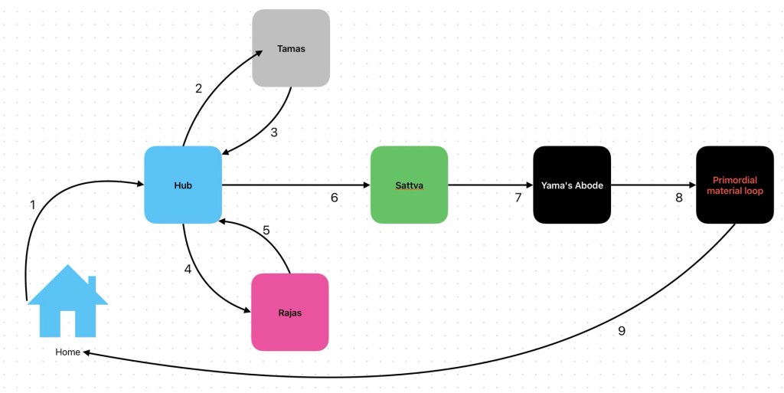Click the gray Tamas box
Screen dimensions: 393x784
click(x=291, y=48)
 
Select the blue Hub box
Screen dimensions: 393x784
click(x=183, y=185)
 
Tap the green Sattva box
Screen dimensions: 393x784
click(x=409, y=185)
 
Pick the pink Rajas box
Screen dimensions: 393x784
click(x=290, y=313)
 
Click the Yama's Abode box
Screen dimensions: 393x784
click(x=572, y=185)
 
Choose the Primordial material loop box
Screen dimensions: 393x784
click(x=735, y=185)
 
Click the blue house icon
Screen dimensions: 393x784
click(x=67, y=303)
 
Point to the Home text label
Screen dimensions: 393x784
click(x=67, y=352)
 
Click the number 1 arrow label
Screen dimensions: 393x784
click(x=32, y=205)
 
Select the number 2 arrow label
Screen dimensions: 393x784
click(x=198, y=88)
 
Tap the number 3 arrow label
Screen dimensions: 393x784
click(x=273, y=132)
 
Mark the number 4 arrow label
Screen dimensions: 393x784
click(x=188, y=269)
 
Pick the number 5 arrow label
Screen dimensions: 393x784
click(x=266, y=230)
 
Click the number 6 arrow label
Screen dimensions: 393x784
click(x=334, y=198)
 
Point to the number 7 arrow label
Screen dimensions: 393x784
click(x=518, y=198)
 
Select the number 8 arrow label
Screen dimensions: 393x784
click(x=678, y=198)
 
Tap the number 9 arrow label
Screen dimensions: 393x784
click(x=622, y=331)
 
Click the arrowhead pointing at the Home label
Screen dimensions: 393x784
click(x=87, y=352)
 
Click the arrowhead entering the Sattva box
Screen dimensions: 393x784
click(x=366, y=185)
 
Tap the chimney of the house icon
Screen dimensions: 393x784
click(x=92, y=283)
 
